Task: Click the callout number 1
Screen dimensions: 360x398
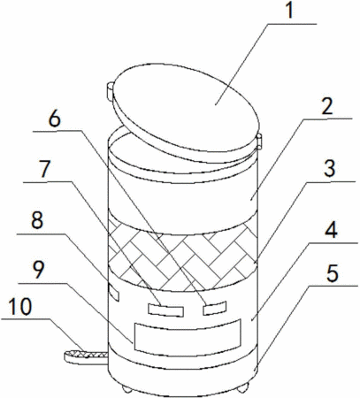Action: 290,11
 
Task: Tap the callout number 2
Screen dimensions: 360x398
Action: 327,106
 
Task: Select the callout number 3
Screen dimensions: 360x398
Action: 329,169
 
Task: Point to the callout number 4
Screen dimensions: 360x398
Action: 331,230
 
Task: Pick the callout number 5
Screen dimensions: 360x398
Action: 333,273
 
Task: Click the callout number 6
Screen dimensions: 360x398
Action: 55,119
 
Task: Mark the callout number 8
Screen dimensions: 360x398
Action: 37,220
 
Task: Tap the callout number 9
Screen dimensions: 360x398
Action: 39,270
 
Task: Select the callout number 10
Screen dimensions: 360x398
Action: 20,307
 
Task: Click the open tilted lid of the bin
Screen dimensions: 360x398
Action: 186,113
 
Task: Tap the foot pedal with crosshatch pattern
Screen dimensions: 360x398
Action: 86,357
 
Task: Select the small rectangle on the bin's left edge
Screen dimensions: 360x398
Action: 114,293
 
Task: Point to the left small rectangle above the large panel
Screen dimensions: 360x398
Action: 165,310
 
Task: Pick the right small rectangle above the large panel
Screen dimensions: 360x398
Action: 215,308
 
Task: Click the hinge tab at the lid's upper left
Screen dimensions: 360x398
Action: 110,91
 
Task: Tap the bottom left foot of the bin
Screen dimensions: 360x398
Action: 127,389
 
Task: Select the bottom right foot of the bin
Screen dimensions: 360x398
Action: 243,387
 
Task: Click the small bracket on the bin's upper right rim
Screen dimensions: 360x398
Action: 259,141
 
